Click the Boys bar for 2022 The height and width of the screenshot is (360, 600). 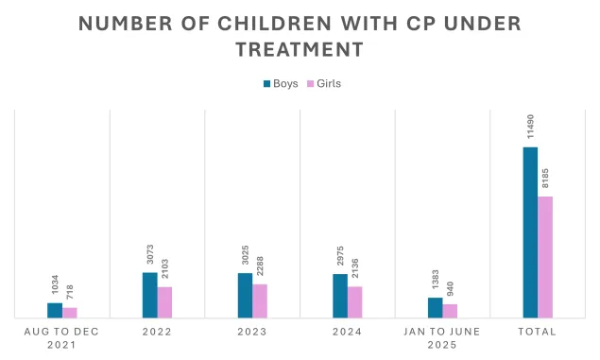(x=150, y=295)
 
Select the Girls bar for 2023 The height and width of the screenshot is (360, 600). (x=260, y=300)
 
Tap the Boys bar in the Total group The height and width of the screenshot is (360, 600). (x=530, y=232)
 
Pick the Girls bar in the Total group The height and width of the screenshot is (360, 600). (x=545, y=257)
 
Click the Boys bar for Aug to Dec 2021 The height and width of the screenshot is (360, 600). (x=55, y=310)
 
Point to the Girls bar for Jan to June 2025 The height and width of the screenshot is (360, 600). (x=450, y=311)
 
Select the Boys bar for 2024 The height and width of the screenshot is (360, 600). (x=340, y=296)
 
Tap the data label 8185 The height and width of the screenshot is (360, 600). (x=546, y=177)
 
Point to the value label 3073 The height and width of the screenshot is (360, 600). (x=150, y=254)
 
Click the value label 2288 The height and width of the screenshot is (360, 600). (x=260, y=266)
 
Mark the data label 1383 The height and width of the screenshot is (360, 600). (x=435, y=282)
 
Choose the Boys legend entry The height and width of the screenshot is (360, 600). (x=280, y=83)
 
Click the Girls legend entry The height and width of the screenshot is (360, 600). (x=324, y=83)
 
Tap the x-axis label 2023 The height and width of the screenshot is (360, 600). (x=252, y=332)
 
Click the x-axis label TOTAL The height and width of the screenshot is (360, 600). (x=538, y=332)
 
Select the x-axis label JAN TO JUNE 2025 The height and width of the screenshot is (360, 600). (x=442, y=338)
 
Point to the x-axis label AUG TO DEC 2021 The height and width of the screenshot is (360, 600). (x=62, y=338)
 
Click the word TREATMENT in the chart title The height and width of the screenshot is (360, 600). (x=300, y=48)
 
